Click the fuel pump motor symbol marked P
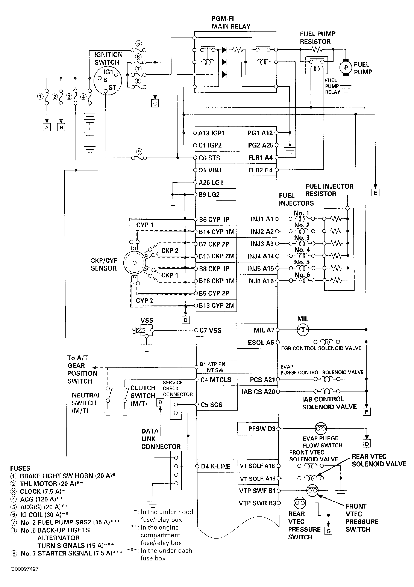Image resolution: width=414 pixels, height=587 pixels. tap(346, 68)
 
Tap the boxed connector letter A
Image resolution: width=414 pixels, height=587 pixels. tap(47, 127)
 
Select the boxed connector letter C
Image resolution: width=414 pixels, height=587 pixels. tap(155, 103)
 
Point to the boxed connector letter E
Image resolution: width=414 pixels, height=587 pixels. tap(375, 193)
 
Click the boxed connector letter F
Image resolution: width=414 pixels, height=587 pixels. tap(367, 412)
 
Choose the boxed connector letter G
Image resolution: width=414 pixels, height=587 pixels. tap(329, 531)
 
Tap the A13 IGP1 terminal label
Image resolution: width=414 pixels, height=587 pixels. tap(212, 133)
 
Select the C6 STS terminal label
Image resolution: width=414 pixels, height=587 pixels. tap(209, 158)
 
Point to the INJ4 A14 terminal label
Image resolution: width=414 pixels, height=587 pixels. tap(261, 256)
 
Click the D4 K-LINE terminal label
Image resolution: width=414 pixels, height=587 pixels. tap(216, 466)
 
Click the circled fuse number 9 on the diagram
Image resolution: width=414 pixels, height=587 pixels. tap(139, 152)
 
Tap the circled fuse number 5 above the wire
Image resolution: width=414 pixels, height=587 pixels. tap(138, 43)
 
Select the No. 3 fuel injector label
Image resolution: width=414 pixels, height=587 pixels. tap(302, 238)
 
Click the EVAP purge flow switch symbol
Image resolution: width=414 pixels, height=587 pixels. tap(321, 429)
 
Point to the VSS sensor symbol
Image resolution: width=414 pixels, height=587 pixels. tap(143, 330)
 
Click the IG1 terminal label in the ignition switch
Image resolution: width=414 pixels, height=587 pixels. tap(108, 72)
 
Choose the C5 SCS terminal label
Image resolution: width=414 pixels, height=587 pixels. tap(211, 405)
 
